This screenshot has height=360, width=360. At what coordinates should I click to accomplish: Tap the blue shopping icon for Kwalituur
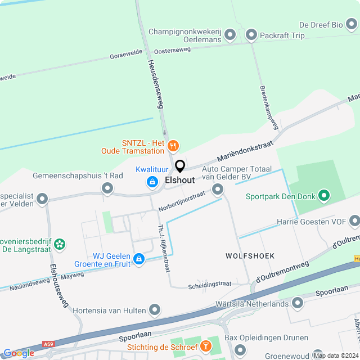[x=152, y=181]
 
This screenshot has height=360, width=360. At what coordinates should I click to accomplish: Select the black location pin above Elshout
[x=180, y=166]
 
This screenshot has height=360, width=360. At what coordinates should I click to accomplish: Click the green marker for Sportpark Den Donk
[x=323, y=196]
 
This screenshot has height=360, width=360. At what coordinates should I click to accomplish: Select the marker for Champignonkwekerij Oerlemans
[x=229, y=36]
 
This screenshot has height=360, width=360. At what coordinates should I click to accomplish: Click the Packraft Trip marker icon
[x=251, y=35]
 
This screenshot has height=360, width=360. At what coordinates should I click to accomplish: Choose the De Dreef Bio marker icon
[x=352, y=25]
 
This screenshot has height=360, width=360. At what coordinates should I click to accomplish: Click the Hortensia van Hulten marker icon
[x=155, y=310]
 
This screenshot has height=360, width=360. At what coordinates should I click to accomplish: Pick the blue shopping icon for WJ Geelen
[x=139, y=258]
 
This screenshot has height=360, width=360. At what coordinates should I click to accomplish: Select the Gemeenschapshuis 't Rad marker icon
[x=107, y=190]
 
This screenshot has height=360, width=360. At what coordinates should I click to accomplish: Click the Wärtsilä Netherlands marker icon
[x=297, y=303]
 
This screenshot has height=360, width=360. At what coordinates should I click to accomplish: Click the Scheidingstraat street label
[x=210, y=284]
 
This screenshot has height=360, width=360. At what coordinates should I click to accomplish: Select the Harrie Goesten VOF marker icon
[x=354, y=222]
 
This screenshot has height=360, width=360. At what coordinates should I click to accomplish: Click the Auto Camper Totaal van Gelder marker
[x=217, y=190]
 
